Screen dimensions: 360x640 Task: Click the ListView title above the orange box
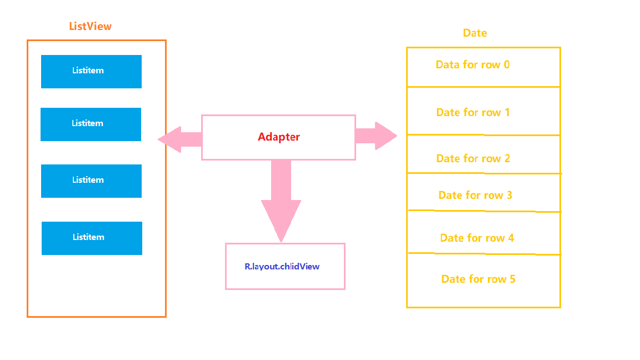(x=90, y=27)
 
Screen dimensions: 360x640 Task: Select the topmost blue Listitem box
(x=91, y=71)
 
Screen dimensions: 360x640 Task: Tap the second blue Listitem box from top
(x=91, y=124)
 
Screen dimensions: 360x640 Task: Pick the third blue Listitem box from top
(x=91, y=181)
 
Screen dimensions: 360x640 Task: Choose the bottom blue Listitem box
(x=92, y=238)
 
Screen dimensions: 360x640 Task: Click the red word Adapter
(x=278, y=137)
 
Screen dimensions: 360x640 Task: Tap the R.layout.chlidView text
(x=282, y=267)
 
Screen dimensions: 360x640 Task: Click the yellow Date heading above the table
(x=474, y=33)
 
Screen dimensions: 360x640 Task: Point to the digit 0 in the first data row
(x=507, y=65)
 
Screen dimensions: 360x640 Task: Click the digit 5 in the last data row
(x=512, y=279)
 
